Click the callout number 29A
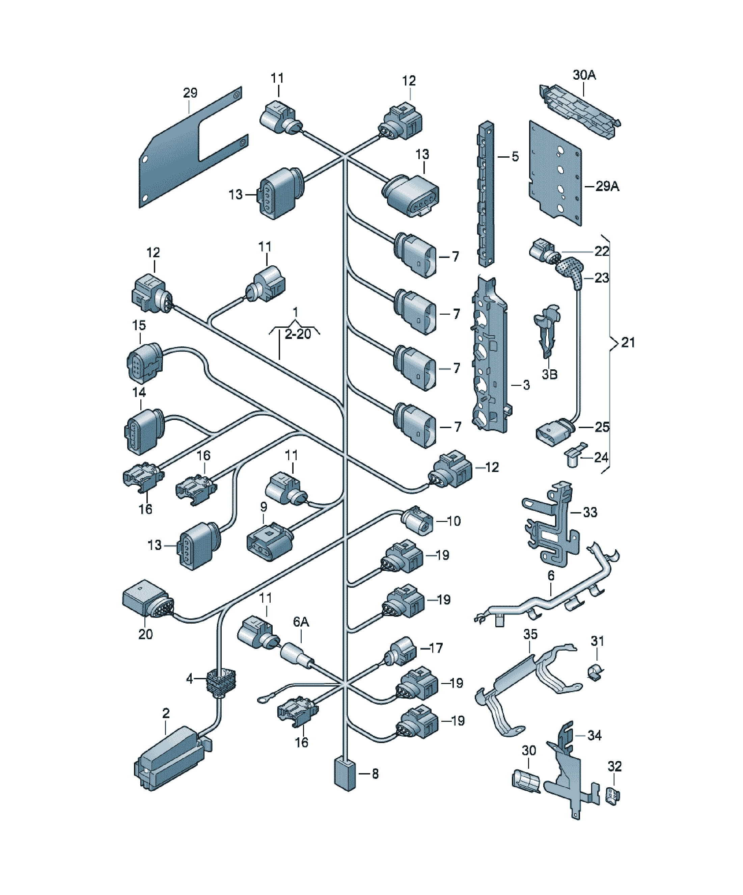point(607,186)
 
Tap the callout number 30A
point(584,75)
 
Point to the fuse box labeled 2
point(172,759)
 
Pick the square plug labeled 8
point(345,773)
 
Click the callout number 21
point(628,342)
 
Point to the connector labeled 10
point(417,520)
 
